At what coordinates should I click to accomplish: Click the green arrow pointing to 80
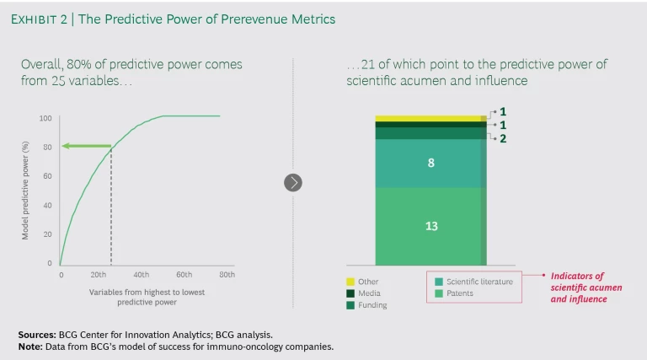86,147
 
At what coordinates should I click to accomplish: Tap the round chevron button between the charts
292,182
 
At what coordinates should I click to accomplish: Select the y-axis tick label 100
45,118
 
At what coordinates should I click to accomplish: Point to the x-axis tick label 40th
141,276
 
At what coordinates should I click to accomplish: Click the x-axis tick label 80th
227,276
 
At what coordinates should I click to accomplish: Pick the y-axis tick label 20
48,234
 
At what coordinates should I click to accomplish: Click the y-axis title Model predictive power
25,191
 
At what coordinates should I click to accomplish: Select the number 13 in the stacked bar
430,226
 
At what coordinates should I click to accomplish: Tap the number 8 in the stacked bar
430,163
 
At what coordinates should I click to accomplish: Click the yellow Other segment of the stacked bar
430,118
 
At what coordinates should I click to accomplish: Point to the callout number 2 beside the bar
503,139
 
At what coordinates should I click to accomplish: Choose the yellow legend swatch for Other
350,282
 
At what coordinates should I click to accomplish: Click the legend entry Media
370,293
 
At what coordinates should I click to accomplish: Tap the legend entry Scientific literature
479,282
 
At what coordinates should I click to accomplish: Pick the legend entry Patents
460,293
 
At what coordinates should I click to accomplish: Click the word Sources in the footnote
37,335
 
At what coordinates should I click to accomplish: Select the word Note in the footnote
29,346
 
